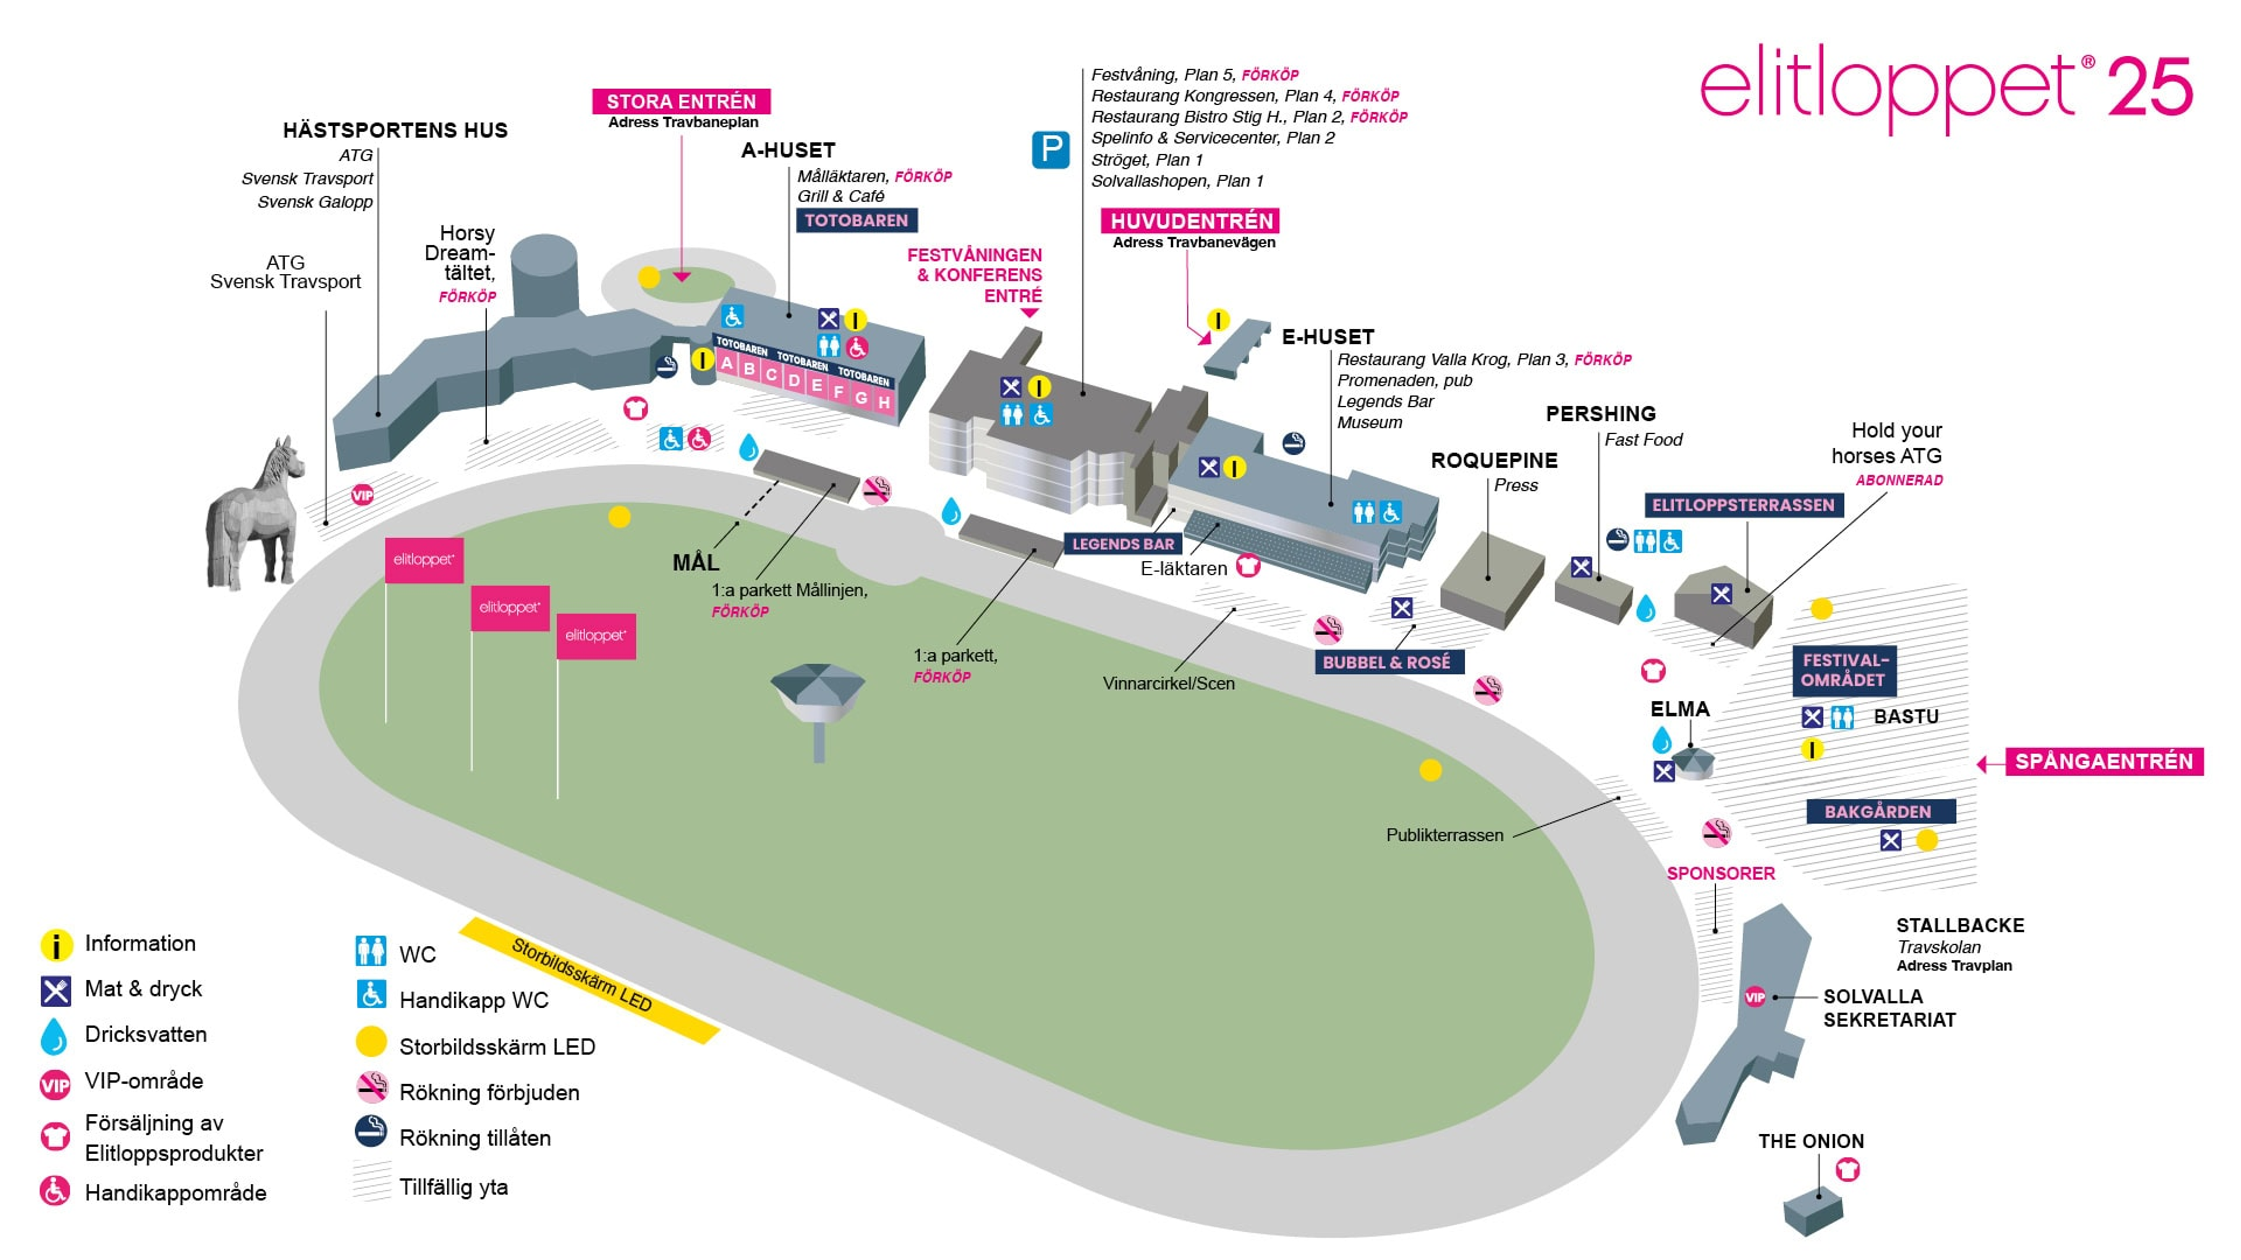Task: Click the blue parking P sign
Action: click(x=1050, y=150)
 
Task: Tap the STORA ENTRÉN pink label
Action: click(x=681, y=101)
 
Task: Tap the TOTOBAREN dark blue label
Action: click(x=856, y=220)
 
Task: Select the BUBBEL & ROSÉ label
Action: click(x=1388, y=662)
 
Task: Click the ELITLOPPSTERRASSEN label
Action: click(x=1743, y=505)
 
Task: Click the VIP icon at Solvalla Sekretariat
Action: click(x=1755, y=997)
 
